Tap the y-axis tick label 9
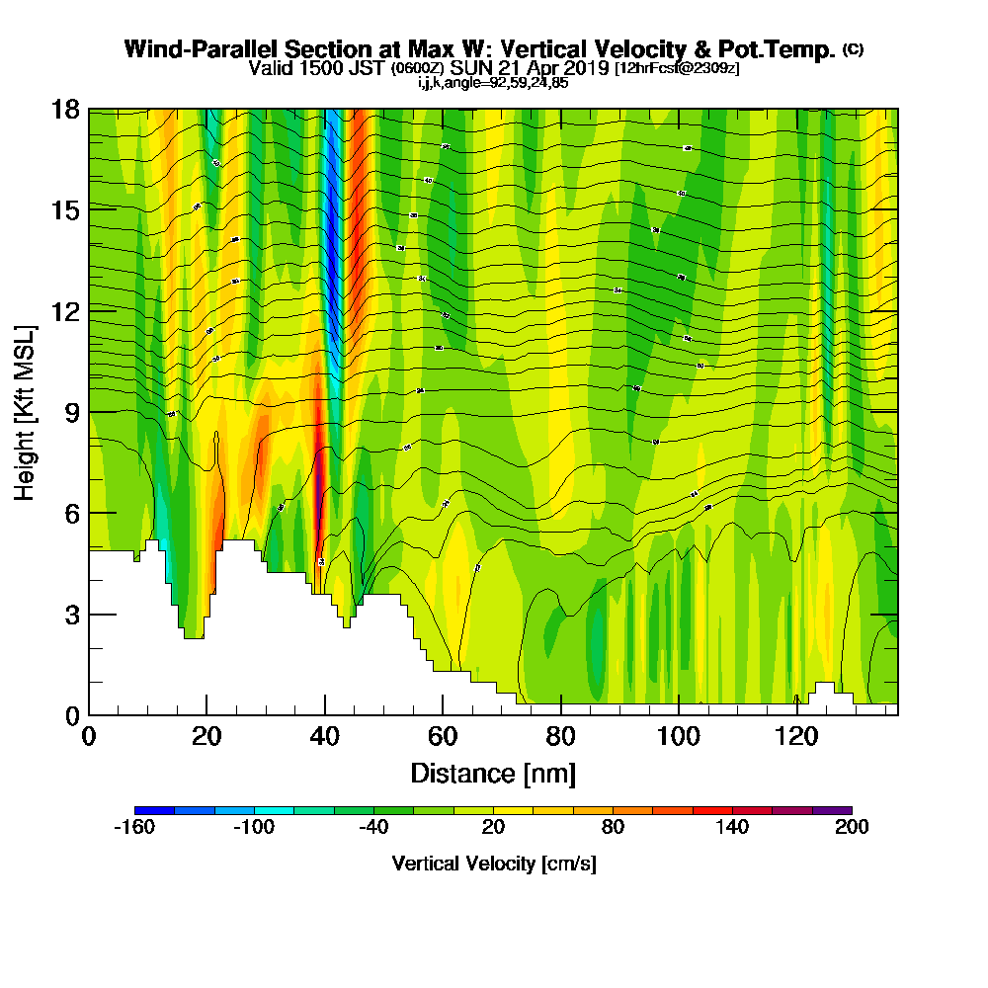pos(71,412)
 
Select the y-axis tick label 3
pos(71,615)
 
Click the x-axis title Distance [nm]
pos(493,773)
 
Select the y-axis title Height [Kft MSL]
pos(25,411)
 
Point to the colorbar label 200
pos(852,828)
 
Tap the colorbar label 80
pos(613,828)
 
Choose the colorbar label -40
pos(373,828)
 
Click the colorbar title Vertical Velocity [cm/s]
pos(493,864)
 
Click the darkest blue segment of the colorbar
pos(154,810)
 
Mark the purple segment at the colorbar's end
pos(832,810)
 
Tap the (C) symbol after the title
pos(853,49)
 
